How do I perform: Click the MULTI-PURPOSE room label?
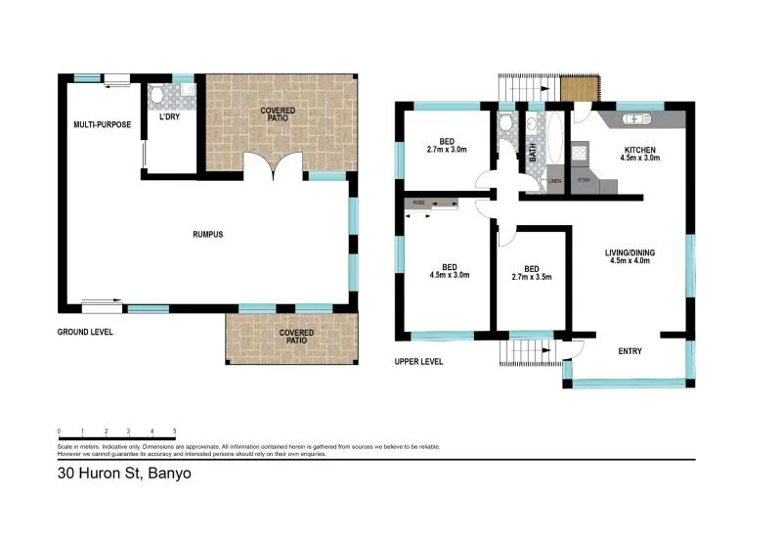pyautogui.click(x=103, y=125)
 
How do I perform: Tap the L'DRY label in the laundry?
pyautogui.click(x=170, y=119)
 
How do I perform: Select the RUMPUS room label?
pyautogui.click(x=208, y=235)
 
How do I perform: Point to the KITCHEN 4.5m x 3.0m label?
pyautogui.click(x=641, y=154)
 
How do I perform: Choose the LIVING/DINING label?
pyautogui.click(x=631, y=257)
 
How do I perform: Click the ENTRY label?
pyautogui.click(x=630, y=351)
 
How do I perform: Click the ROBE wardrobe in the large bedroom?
pyautogui.click(x=431, y=204)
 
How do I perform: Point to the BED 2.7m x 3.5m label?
pyautogui.click(x=532, y=273)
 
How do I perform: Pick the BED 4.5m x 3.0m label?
pyautogui.click(x=450, y=271)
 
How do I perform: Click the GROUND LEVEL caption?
pyautogui.click(x=85, y=332)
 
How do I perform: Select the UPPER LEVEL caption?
pyautogui.click(x=418, y=361)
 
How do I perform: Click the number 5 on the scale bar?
pyautogui.click(x=174, y=431)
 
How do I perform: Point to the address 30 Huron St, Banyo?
pyautogui.click(x=124, y=476)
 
